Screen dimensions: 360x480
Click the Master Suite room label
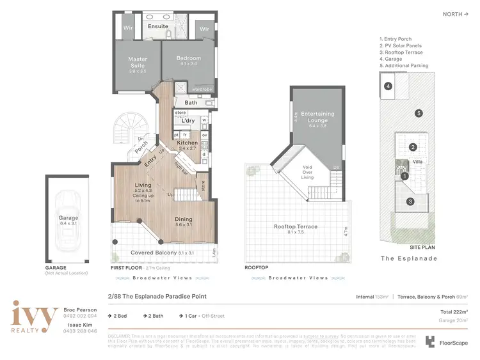point(137,62)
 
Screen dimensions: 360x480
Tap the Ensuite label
point(157,26)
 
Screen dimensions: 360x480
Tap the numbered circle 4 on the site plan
point(387,86)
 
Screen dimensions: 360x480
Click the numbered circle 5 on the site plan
point(419,113)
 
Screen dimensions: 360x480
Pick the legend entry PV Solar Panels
point(404,45)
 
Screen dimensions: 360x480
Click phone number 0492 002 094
point(80,316)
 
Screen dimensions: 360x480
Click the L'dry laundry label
point(188,120)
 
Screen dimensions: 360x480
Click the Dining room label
point(184,219)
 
